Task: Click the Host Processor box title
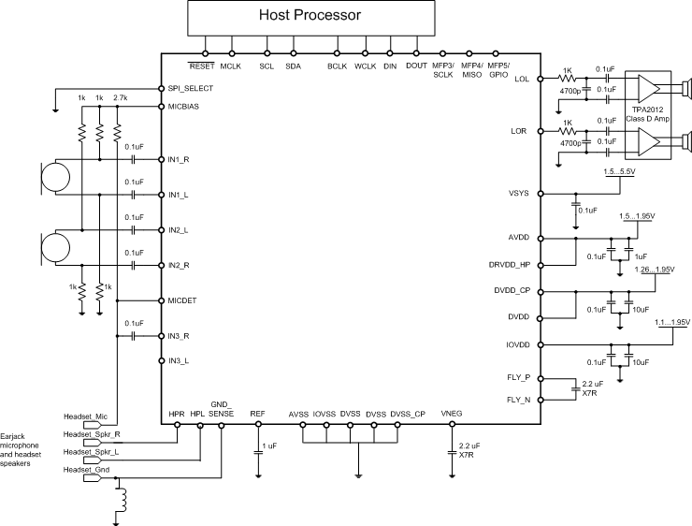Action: tap(310, 16)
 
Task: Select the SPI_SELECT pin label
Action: tap(192, 88)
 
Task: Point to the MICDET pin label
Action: tap(182, 300)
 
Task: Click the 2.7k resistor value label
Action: tap(120, 97)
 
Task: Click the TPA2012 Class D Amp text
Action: tap(649, 113)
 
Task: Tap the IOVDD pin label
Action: tap(517, 344)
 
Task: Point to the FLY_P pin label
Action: tap(517, 378)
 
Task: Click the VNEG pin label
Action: tap(453, 414)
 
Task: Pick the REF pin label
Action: tap(258, 414)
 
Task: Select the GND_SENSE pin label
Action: tap(222, 408)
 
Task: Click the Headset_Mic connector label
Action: tap(86, 416)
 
